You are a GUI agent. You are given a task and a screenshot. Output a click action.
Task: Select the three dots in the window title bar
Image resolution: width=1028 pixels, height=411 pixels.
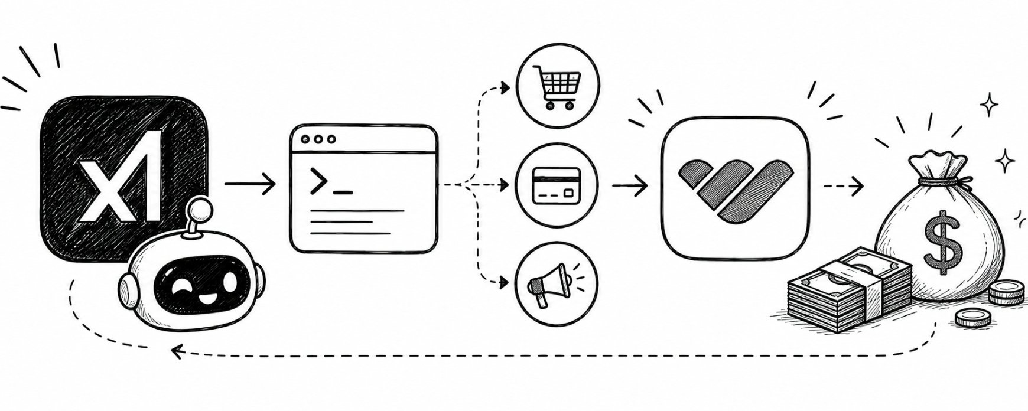(318, 141)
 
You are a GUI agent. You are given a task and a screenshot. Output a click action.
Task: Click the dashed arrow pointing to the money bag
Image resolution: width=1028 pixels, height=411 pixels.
(843, 187)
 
